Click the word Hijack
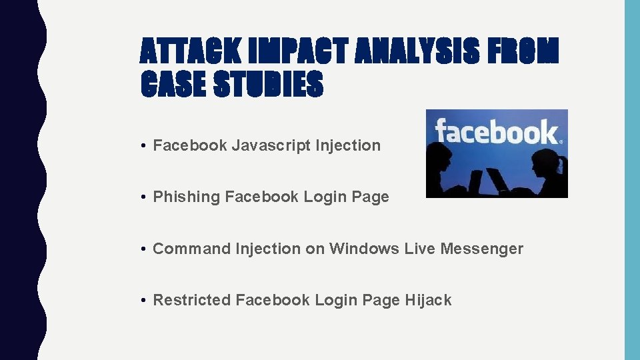point(428,300)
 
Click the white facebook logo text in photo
point(497,132)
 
